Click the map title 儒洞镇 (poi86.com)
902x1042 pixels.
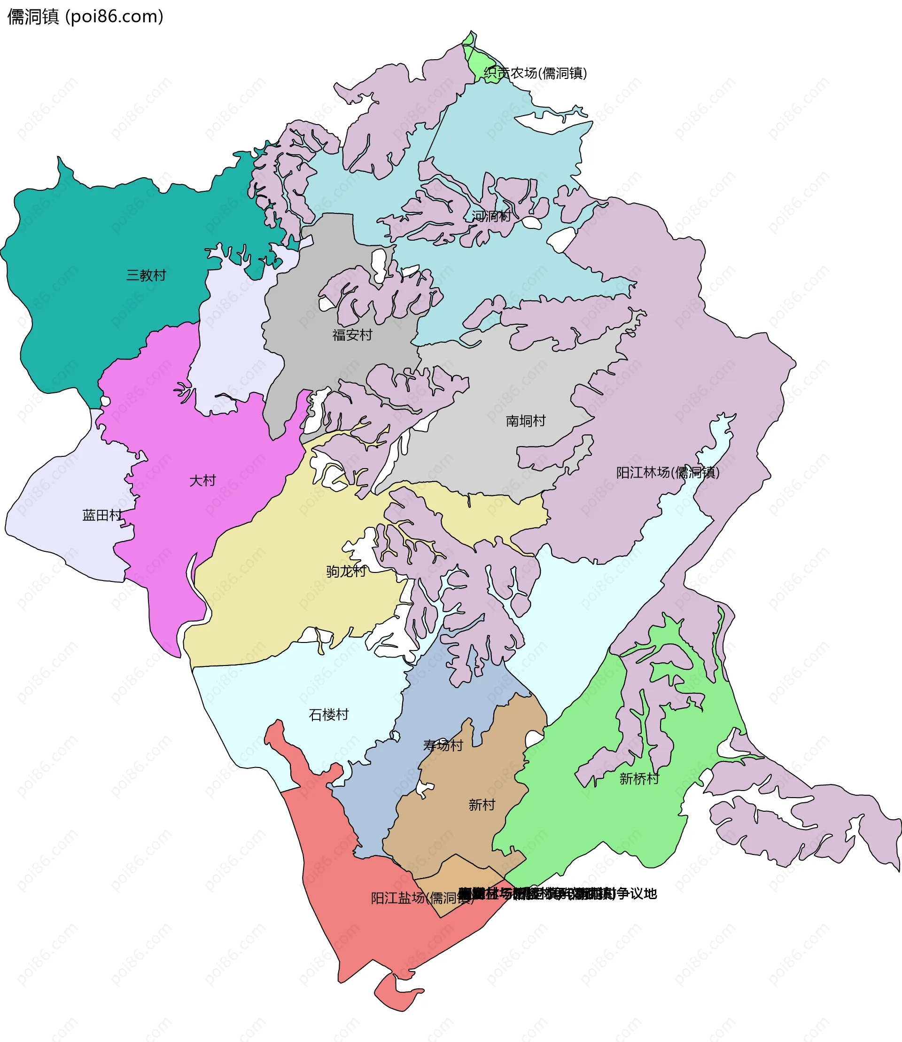click(86, 16)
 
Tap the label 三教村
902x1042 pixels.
click(146, 275)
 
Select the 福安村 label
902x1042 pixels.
click(352, 335)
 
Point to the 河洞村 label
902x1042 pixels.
click(491, 216)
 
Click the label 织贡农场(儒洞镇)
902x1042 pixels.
click(536, 73)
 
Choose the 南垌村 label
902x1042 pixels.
click(526, 421)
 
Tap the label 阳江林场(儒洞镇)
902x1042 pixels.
click(668, 472)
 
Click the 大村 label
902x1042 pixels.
click(202, 480)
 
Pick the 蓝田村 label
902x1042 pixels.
click(102, 515)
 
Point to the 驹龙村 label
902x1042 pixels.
click(346, 571)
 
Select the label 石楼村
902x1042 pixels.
click(329, 715)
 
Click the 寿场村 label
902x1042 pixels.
click(443, 745)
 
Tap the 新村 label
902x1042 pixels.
click(482, 805)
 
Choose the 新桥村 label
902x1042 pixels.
click(639, 779)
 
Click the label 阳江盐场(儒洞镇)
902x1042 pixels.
click(422, 898)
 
